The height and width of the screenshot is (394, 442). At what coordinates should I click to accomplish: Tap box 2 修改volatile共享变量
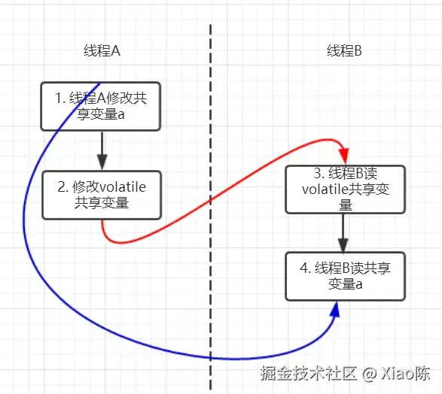(102, 195)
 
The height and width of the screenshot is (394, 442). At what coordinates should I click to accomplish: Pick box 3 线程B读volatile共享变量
(346, 189)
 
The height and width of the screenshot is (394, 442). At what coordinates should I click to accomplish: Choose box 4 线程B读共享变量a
(346, 276)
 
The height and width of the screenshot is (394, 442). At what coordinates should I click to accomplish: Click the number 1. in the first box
(61, 98)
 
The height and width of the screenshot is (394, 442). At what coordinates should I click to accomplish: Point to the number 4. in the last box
(304, 268)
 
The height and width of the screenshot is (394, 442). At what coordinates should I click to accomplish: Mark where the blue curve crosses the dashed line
(211, 358)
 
